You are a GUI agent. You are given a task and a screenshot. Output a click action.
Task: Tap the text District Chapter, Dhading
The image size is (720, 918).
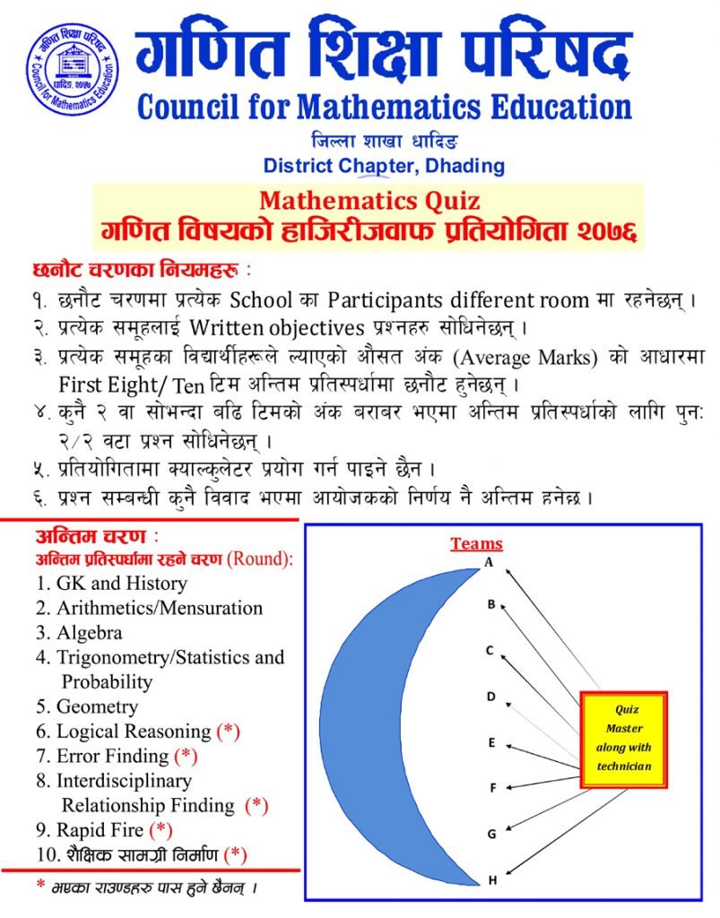click(384, 166)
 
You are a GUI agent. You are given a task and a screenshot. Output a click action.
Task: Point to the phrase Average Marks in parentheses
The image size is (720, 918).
click(524, 356)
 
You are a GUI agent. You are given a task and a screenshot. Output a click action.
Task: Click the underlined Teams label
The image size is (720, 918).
click(476, 543)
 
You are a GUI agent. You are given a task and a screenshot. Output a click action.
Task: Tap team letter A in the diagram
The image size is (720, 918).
click(490, 562)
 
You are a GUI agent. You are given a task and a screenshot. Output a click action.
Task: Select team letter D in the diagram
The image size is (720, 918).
click(491, 696)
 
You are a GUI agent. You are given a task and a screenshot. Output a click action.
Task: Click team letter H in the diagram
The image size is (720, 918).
click(492, 880)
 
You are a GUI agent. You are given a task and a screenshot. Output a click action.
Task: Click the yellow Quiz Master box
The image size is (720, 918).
click(623, 740)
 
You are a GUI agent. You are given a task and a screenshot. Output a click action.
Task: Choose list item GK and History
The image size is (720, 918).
click(121, 584)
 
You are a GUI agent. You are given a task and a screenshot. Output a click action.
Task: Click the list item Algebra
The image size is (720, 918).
click(90, 632)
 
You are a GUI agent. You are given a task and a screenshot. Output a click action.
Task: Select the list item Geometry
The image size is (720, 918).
click(97, 706)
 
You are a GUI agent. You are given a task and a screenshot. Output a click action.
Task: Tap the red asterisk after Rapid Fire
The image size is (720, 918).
click(160, 829)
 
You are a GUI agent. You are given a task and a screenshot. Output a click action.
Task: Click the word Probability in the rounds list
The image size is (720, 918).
click(107, 681)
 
